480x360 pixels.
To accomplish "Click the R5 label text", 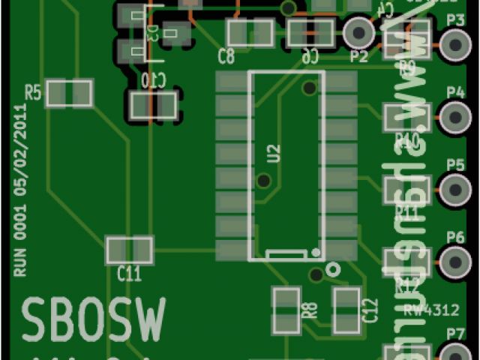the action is click(33, 92).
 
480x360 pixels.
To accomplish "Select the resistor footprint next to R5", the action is click(69, 94).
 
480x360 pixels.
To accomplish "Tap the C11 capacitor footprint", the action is click(129, 249).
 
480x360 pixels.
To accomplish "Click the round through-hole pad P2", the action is click(358, 34).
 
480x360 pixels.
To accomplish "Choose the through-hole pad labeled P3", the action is click(454, 44).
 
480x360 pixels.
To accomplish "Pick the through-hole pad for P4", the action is click(454, 117).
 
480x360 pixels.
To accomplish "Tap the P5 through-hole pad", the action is click(454, 189).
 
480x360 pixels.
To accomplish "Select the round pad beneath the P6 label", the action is click(454, 261).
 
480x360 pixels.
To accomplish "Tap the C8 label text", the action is click(226, 55).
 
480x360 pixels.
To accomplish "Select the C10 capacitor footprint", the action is click(153, 104).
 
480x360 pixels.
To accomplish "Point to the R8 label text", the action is click(307, 309).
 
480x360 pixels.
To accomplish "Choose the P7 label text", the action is click(455, 332).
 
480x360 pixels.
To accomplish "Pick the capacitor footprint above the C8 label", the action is click(250, 33).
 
